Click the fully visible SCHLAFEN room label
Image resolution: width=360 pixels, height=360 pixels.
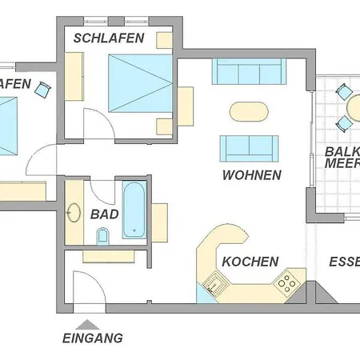tap(109, 38)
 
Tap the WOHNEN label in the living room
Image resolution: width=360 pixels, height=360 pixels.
tap(252, 175)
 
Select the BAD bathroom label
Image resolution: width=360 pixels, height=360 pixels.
tap(105, 214)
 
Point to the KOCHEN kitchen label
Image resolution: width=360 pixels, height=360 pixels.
tap(250, 262)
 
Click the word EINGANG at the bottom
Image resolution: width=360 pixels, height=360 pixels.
tap(93, 338)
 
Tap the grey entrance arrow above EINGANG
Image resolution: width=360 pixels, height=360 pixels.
tap(88, 323)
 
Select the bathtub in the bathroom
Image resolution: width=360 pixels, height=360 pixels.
tap(134, 211)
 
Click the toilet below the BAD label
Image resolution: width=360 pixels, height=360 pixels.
tap(102, 236)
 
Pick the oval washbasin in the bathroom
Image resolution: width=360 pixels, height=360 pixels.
tap(74, 214)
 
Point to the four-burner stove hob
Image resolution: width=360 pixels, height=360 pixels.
tap(286, 282)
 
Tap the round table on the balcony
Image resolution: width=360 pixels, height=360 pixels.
tap(352, 106)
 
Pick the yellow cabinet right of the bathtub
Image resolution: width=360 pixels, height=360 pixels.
tap(159, 222)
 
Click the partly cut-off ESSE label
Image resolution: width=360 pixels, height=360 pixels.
tap(345, 262)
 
